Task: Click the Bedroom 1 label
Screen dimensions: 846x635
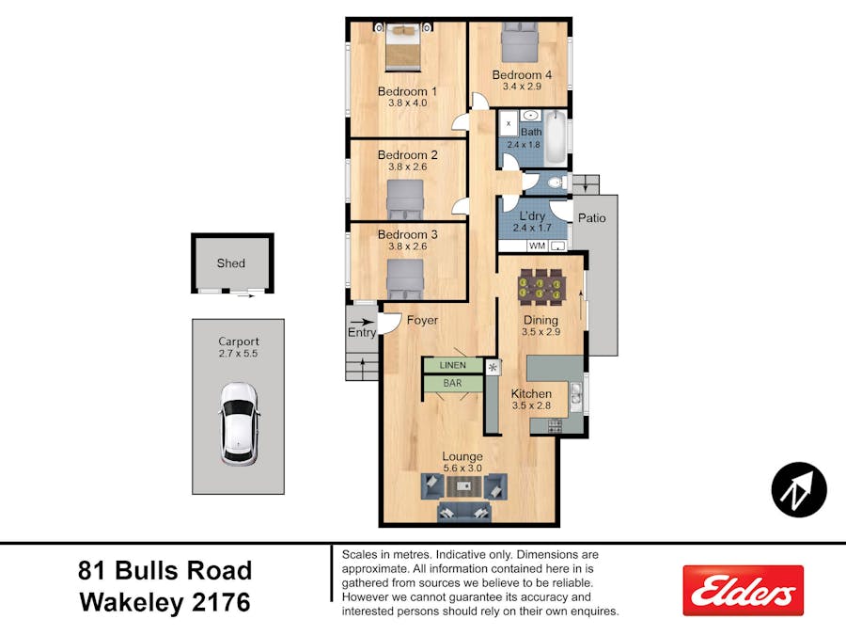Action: [407, 91]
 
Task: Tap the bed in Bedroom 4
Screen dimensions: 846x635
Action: [520, 42]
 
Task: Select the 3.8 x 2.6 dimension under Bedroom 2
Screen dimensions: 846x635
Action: [407, 167]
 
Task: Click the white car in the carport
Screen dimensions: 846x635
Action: [239, 424]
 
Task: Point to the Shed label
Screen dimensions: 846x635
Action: [231, 263]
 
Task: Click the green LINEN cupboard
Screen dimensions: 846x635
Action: [452, 365]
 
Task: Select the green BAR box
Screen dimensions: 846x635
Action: [452, 384]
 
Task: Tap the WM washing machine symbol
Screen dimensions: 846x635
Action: [538, 246]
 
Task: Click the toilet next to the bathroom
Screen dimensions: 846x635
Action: [556, 183]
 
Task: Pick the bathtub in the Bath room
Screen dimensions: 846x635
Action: [556, 139]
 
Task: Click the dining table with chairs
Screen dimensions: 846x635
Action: [540, 284]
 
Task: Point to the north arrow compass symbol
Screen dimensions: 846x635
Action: [799, 490]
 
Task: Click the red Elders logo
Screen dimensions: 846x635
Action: [743, 590]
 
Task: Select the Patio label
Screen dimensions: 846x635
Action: [592, 218]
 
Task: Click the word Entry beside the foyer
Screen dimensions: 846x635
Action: [362, 333]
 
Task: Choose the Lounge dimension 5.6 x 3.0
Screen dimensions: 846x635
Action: [462, 468]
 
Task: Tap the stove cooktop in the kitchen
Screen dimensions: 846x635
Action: [556, 426]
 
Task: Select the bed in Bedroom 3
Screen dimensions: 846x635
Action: [405, 279]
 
